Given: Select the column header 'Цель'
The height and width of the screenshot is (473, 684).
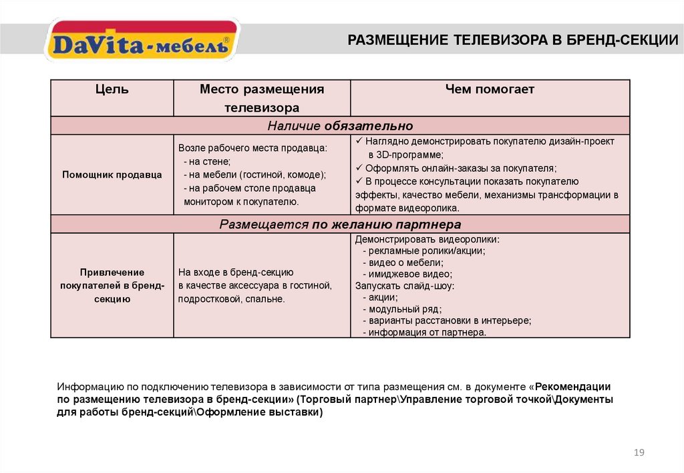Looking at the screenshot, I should point(112,90).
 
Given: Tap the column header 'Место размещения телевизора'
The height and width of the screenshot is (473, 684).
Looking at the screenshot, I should point(262,98).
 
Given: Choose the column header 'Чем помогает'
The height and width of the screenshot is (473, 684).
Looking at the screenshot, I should point(490,90).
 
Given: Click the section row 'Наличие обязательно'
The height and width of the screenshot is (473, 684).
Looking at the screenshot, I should point(340,126).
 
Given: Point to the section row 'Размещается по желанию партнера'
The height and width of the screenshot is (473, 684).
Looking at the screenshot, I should point(340,224).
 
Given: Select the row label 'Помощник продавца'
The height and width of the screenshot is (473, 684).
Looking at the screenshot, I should point(112,174).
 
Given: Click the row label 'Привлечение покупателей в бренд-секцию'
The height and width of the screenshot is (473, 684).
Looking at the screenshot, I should point(112,285).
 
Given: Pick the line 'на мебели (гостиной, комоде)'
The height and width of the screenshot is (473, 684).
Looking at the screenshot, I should point(254,174).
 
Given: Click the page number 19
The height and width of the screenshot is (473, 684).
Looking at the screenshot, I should point(639,454).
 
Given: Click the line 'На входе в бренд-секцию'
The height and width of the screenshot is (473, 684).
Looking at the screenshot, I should point(236,273).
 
